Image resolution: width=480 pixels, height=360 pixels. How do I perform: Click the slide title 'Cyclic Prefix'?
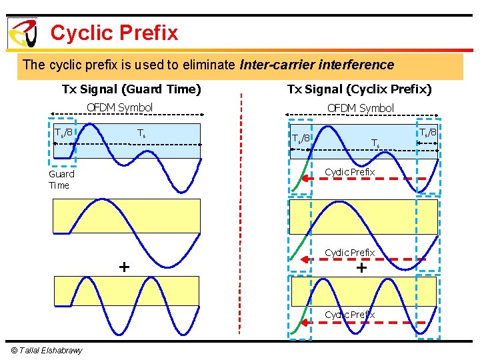coord(114,33)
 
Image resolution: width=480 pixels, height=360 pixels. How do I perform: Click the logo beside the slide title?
coord(22,33)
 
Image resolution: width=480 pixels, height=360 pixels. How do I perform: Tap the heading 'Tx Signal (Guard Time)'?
coord(131,89)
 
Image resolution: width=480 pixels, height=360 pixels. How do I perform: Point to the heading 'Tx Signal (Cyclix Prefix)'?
coord(359,89)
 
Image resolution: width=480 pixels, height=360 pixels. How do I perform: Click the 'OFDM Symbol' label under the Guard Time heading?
coord(120,107)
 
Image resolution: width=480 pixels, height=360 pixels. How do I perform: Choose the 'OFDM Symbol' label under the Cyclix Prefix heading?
coord(360,108)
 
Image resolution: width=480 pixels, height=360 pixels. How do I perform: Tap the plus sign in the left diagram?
coord(124,267)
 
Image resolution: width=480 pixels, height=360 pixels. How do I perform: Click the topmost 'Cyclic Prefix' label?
coord(349,172)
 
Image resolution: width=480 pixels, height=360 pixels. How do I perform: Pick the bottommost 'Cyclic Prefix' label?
coord(349,314)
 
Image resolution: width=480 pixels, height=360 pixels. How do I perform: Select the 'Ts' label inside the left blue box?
coord(141,133)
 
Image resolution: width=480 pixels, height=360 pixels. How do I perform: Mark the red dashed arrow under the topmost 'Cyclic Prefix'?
coord(370,179)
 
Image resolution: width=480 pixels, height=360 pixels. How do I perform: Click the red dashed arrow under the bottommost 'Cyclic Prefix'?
coord(370,321)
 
